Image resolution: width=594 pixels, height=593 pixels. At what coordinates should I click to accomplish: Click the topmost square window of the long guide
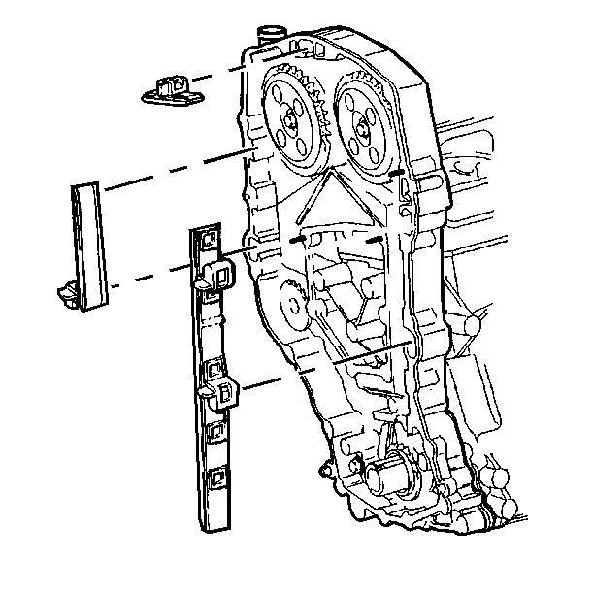(206, 239)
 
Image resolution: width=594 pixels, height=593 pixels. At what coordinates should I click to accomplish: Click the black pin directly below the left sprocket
(298, 236)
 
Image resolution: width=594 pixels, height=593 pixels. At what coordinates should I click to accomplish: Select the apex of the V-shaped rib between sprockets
(330, 167)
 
